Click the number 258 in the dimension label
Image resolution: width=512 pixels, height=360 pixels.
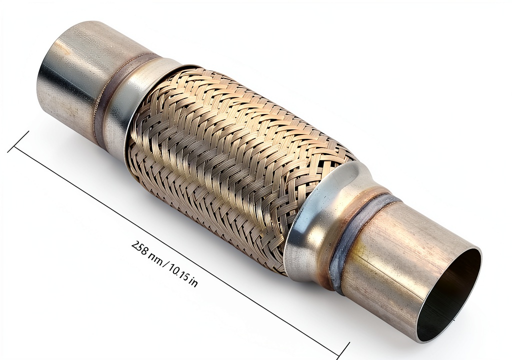(139, 248)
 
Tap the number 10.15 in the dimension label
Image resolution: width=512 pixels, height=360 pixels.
(178, 270)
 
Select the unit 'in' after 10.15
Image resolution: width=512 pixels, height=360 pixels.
(194, 281)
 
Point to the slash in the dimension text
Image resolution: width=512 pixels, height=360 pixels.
(164, 261)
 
